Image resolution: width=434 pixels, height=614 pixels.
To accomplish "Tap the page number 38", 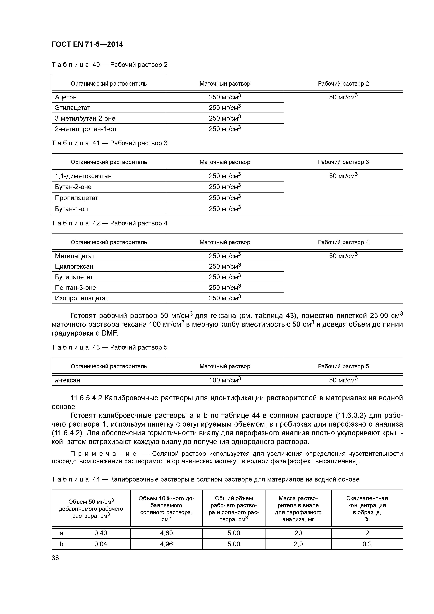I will (x=55, y=558).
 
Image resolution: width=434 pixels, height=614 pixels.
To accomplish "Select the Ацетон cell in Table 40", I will (x=66, y=97).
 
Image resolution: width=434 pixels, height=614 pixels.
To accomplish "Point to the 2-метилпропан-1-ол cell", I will (x=86, y=129).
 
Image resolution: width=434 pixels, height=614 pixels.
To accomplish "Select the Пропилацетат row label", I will (x=76, y=198).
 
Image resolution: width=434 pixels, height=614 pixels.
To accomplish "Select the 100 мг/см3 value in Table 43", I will (x=225, y=380).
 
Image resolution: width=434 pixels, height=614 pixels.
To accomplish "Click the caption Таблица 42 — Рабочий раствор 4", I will (x=109, y=223).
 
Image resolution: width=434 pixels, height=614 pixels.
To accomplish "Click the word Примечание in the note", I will (x=103, y=454).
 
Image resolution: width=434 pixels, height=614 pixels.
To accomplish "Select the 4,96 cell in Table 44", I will (x=166, y=544).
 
